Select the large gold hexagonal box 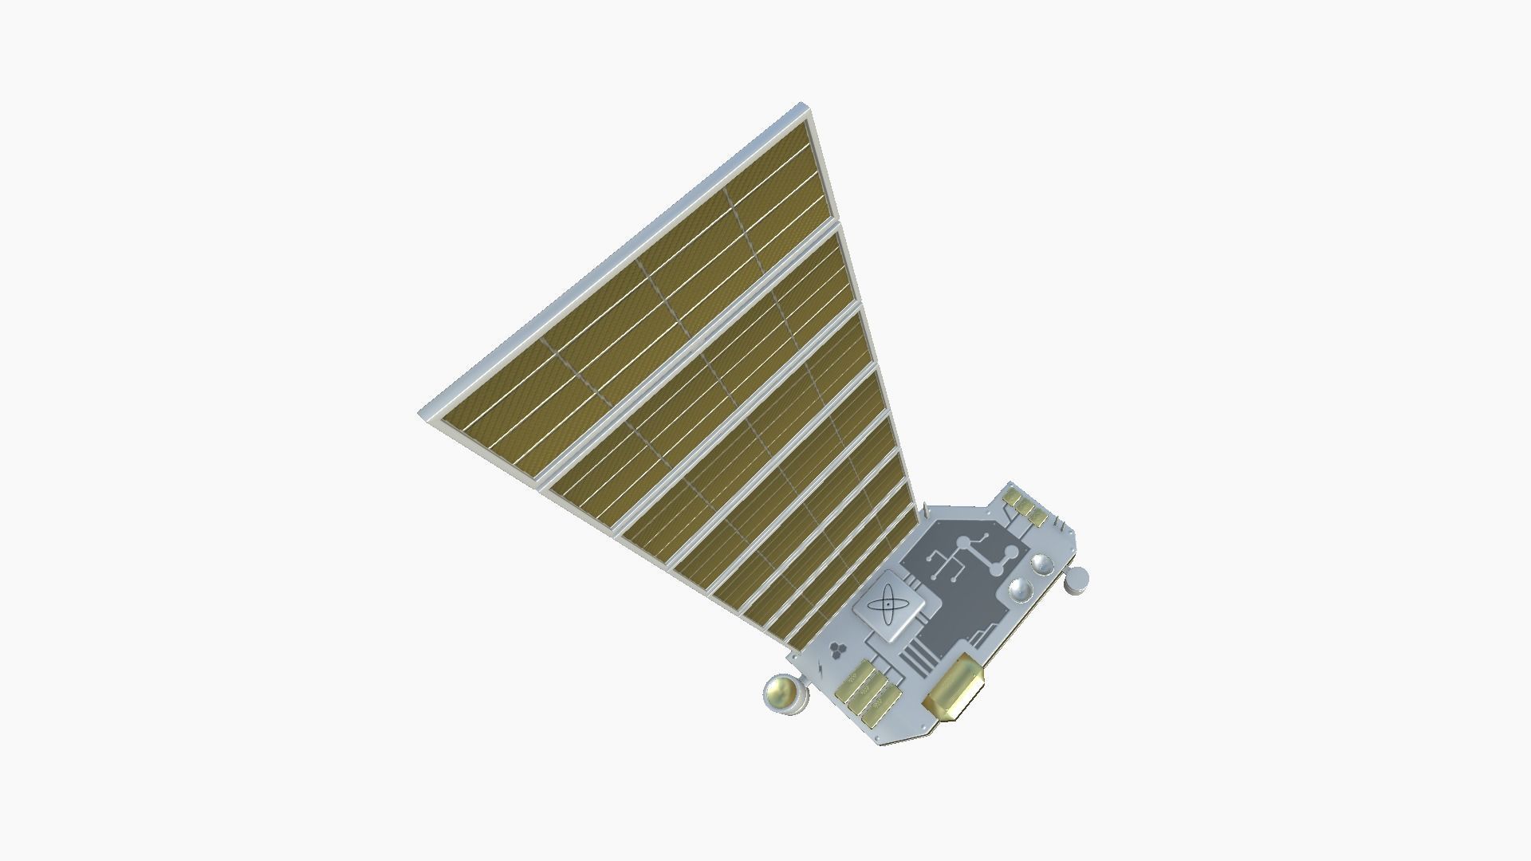954,687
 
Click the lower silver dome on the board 1021,590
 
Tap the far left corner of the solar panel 420,413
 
